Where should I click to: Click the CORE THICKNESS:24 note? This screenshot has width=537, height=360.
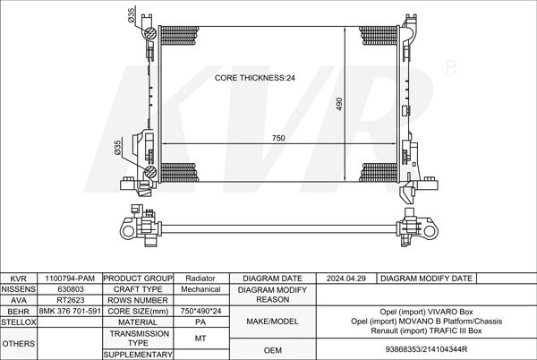255,78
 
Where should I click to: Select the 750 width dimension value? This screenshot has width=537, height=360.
278,138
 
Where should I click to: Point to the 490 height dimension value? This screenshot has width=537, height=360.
339,104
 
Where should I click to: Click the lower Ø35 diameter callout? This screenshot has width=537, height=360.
117,148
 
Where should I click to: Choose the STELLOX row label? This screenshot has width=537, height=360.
18,321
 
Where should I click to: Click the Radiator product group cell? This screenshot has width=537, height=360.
200,279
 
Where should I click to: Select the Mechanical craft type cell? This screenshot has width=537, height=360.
200,289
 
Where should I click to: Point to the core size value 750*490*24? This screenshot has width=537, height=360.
200,311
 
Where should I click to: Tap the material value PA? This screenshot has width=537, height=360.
200,321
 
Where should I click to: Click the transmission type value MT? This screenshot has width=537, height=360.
200,338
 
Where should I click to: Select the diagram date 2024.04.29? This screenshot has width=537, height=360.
347,279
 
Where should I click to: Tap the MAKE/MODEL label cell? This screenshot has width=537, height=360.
272,320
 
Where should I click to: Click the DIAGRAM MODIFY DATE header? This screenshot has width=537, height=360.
427,279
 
